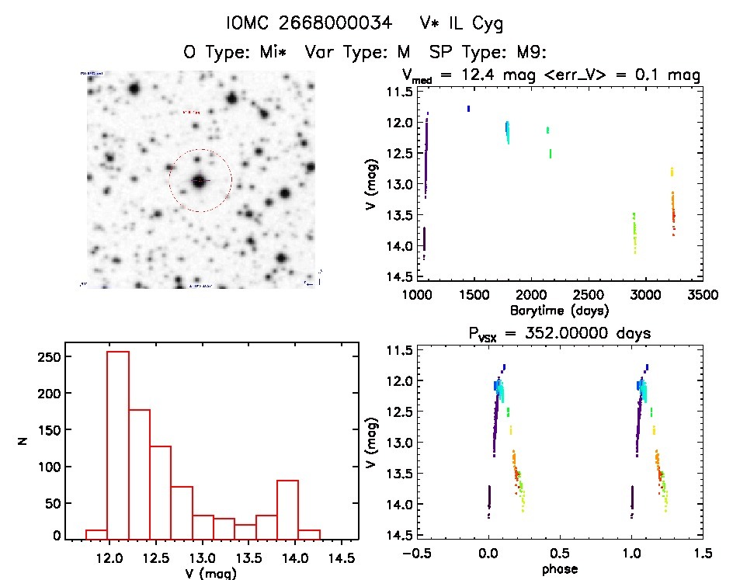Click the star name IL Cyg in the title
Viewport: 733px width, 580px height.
pyautogui.click(x=469, y=24)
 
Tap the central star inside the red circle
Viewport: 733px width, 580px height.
pyautogui.click(x=200, y=181)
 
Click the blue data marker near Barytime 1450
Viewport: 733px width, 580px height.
pyautogui.click(x=468, y=109)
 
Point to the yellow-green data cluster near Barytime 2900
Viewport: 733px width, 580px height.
pyautogui.click(x=634, y=233)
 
